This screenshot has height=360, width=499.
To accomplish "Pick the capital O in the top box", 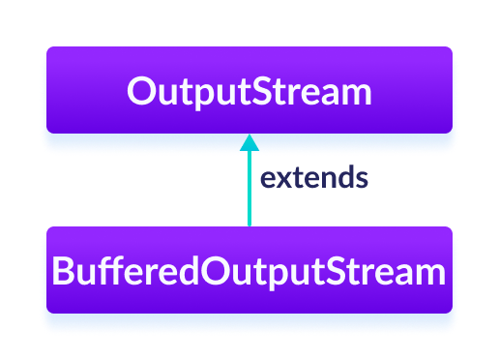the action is pos(141,92).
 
